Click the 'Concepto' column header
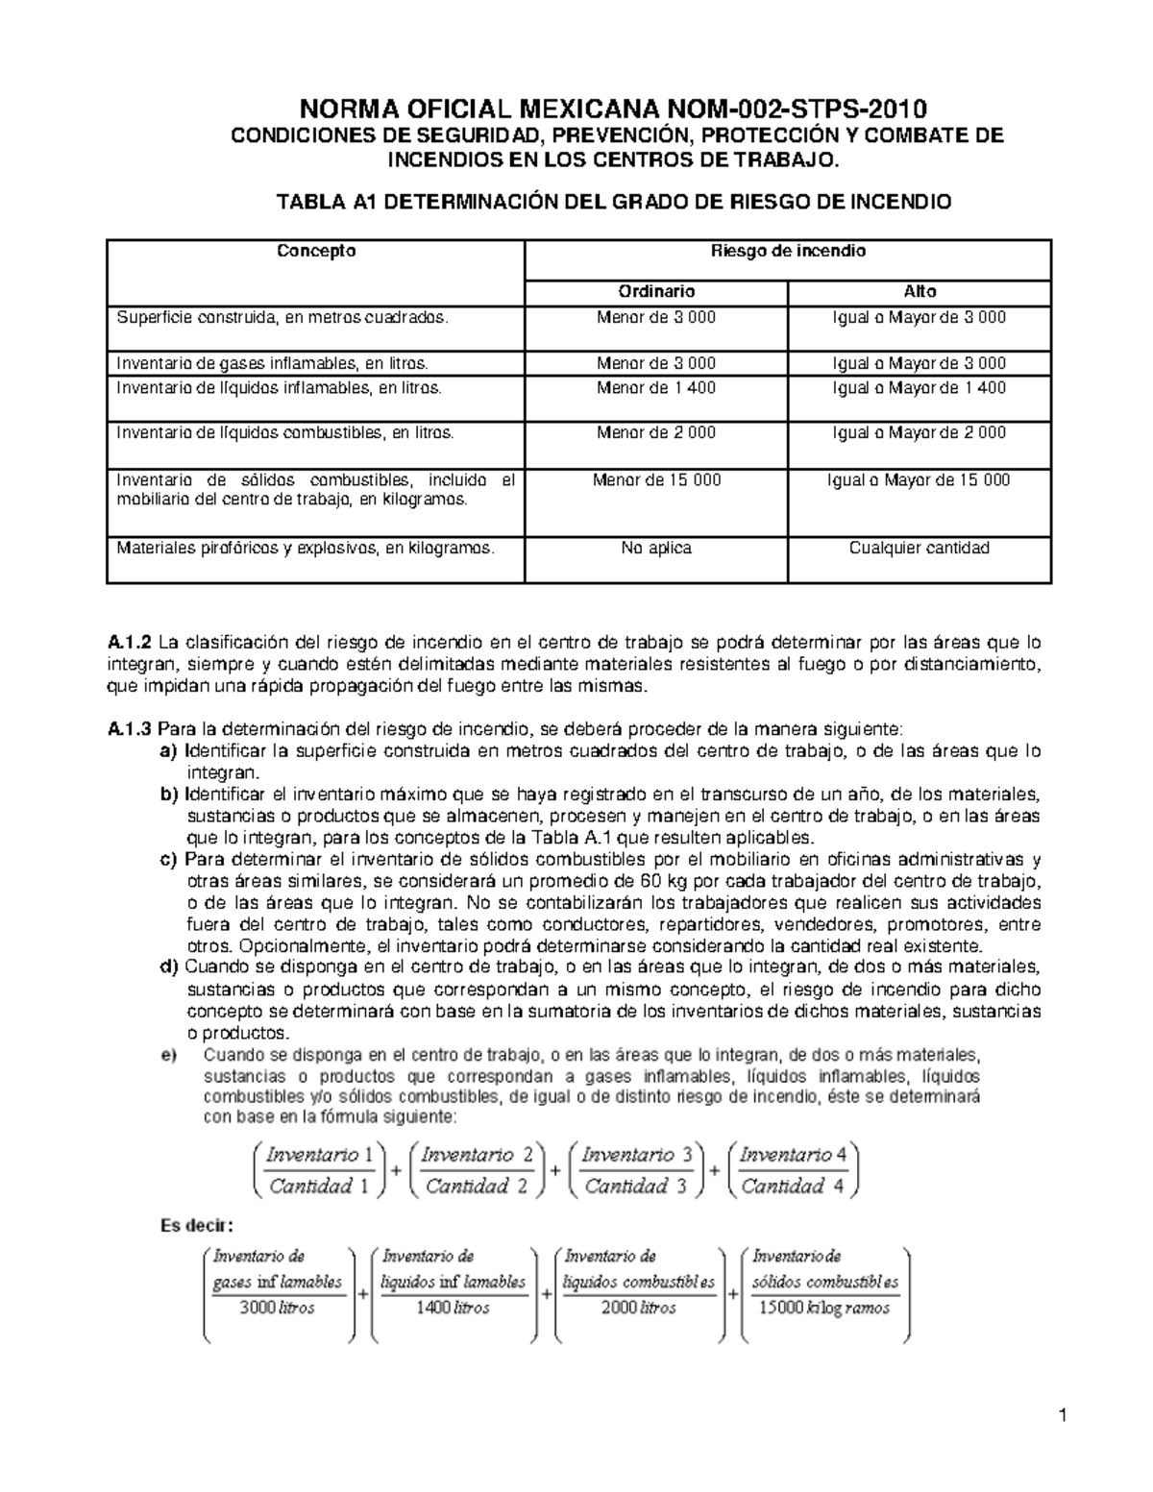click(316, 251)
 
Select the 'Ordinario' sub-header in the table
click(656, 291)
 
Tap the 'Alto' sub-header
click(920, 291)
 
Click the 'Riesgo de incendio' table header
click(788, 251)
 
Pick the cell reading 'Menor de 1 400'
click(656, 388)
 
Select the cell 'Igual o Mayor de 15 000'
click(919, 479)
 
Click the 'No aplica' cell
click(656, 548)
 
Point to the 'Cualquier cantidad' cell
click(919, 548)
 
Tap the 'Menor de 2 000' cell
click(656, 432)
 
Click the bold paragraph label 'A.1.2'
click(126, 642)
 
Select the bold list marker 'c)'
click(168, 859)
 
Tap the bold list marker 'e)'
click(168, 1054)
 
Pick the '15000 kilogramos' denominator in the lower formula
click(823, 1308)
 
